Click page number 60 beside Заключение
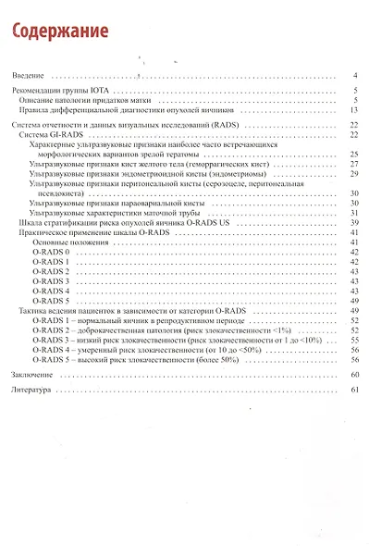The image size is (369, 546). pos(353,374)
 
